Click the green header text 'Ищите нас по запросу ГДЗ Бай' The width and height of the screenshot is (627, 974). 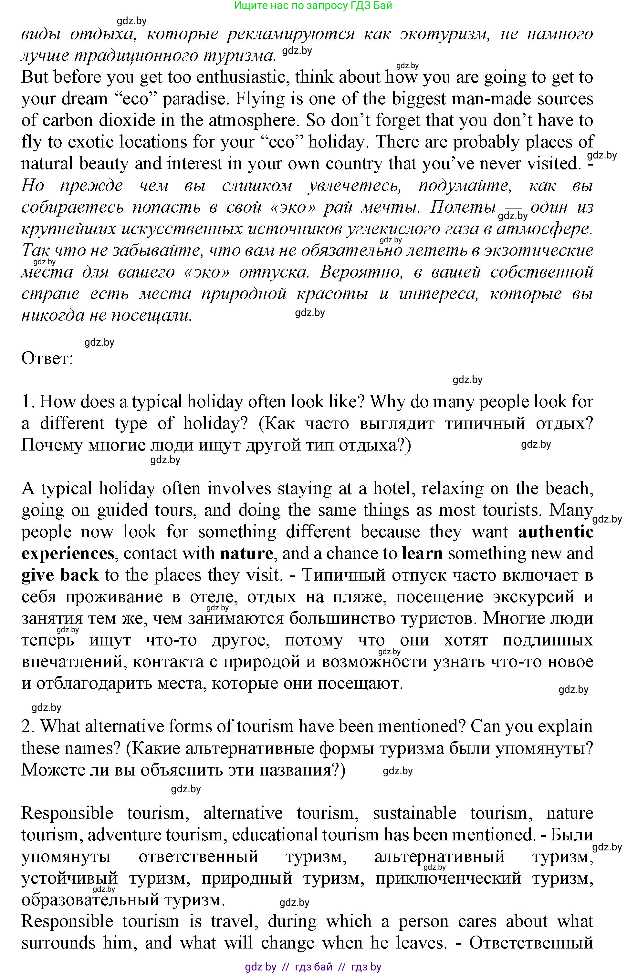[313, 6]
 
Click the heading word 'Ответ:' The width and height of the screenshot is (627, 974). [47, 358]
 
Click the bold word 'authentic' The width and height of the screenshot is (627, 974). [555, 532]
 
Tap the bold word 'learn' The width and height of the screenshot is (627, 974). [422, 553]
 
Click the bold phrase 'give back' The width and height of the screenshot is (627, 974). [59, 575]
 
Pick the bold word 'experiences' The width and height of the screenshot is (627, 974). [68, 553]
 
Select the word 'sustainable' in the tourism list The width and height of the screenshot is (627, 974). [414, 813]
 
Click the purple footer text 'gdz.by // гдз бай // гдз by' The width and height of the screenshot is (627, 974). [313, 967]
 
